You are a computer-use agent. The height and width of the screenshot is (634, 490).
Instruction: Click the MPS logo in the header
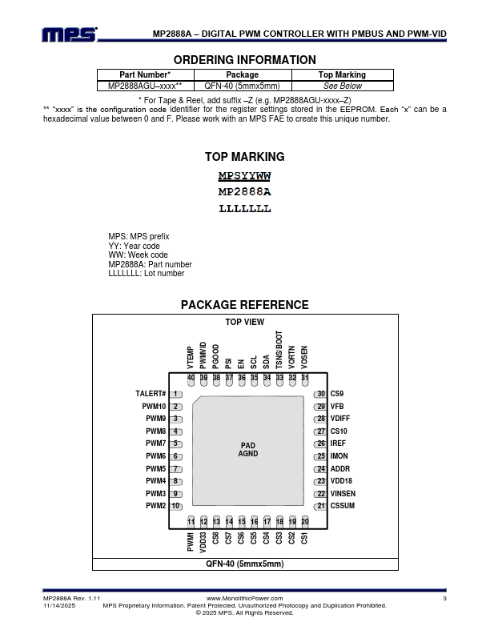pos(70,34)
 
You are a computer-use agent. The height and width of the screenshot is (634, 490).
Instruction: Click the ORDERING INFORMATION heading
pos(244,60)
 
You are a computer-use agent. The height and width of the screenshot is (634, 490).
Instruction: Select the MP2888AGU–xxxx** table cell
pos(145,86)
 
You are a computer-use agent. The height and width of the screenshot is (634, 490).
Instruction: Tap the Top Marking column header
pos(342,74)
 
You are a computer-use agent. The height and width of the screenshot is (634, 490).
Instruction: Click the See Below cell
pos(342,86)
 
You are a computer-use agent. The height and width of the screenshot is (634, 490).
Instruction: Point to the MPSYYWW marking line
pos(245,176)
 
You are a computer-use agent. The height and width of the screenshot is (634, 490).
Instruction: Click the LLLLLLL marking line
pos(245,209)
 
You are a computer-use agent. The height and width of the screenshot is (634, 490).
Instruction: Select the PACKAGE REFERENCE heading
pos(244,305)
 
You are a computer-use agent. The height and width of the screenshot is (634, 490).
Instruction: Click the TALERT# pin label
pos(151,394)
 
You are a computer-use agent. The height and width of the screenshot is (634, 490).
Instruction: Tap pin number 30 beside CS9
pos(320,394)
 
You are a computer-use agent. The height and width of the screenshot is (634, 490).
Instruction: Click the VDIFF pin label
pos(339,419)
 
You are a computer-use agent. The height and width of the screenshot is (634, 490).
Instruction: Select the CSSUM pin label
pos(342,506)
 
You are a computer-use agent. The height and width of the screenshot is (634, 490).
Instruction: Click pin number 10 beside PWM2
pos(175,506)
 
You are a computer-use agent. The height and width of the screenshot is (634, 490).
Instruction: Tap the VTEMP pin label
pos(191,357)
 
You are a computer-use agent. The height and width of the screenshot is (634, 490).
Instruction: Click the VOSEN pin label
pos(304,357)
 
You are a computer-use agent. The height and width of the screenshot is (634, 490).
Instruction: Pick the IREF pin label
pos(338,443)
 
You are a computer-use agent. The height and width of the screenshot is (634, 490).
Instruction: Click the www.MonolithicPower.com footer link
pos(245,599)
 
